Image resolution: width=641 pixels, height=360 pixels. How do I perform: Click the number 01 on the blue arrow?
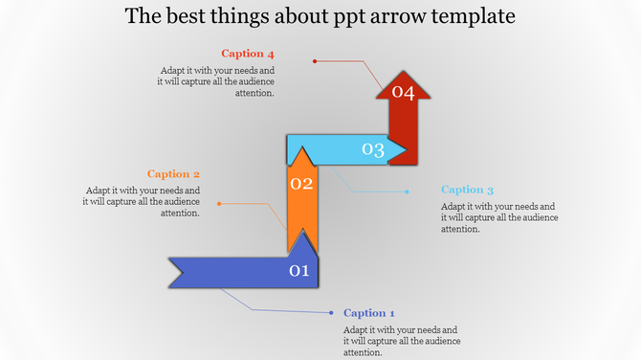click(299, 271)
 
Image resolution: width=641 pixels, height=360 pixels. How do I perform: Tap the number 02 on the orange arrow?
click(302, 184)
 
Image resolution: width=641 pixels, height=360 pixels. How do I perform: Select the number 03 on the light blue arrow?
click(372, 149)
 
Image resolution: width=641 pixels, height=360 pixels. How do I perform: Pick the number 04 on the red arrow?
click(402, 93)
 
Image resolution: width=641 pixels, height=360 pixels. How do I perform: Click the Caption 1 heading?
click(368, 313)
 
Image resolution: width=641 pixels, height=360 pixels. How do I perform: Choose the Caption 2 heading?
click(173, 174)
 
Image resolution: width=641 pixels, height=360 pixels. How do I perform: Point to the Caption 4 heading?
click(248, 54)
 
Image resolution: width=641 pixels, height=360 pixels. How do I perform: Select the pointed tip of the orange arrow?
click(302, 151)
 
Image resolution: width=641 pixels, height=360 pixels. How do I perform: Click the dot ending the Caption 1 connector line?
click(330, 312)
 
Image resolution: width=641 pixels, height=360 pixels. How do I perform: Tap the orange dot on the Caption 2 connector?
click(219, 204)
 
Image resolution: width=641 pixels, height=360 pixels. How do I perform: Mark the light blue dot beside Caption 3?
click(408, 191)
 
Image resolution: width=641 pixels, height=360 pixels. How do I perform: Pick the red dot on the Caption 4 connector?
click(315, 61)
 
